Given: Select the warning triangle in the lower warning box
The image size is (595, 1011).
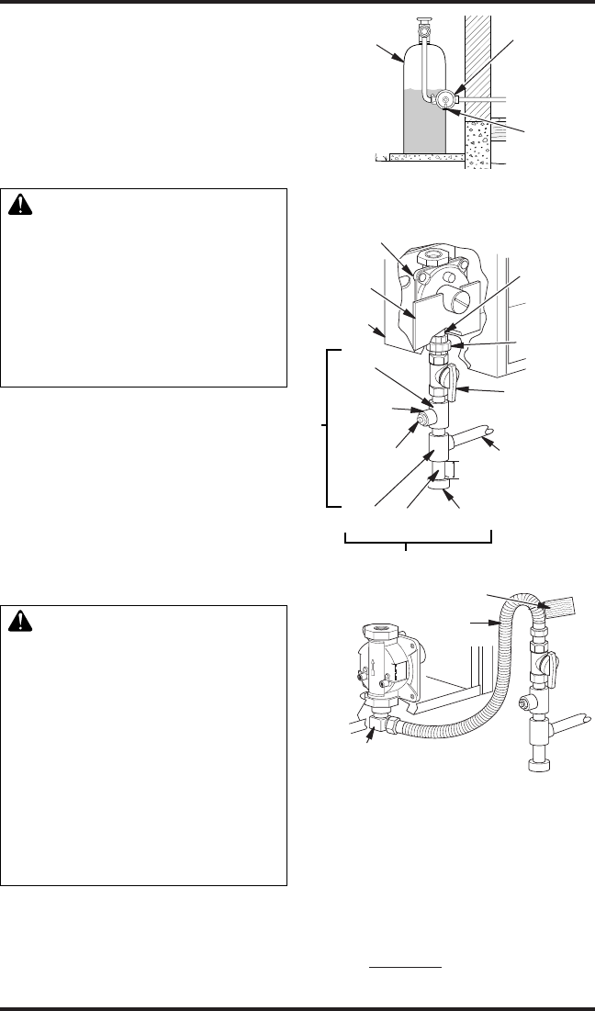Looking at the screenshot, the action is coord(20,622).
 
